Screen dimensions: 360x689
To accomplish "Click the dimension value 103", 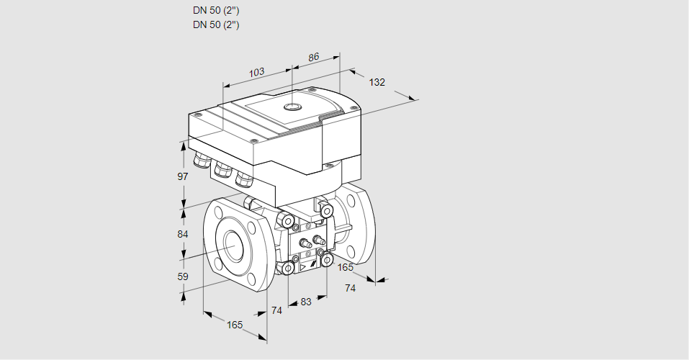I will tap(256, 72).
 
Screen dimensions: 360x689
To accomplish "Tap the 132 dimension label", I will tap(377, 82).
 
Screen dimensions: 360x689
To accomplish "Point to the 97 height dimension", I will tap(183, 176).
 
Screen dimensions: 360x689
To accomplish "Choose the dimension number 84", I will tap(183, 235).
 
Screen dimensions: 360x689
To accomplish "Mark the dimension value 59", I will tap(183, 276).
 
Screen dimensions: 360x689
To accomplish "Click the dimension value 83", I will tap(306, 302).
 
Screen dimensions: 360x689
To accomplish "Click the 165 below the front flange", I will tap(235, 325).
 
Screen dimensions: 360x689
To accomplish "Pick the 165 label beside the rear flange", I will tap(346, 268).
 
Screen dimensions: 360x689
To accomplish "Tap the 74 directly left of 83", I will tap(277, 310).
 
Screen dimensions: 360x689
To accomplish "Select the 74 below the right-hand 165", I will tap(350, 288).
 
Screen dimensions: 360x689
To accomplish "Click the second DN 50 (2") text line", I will tap(216, 24).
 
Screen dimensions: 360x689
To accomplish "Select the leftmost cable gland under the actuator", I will tap(200, 159).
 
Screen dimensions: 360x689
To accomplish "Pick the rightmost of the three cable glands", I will tap(246, 176).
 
